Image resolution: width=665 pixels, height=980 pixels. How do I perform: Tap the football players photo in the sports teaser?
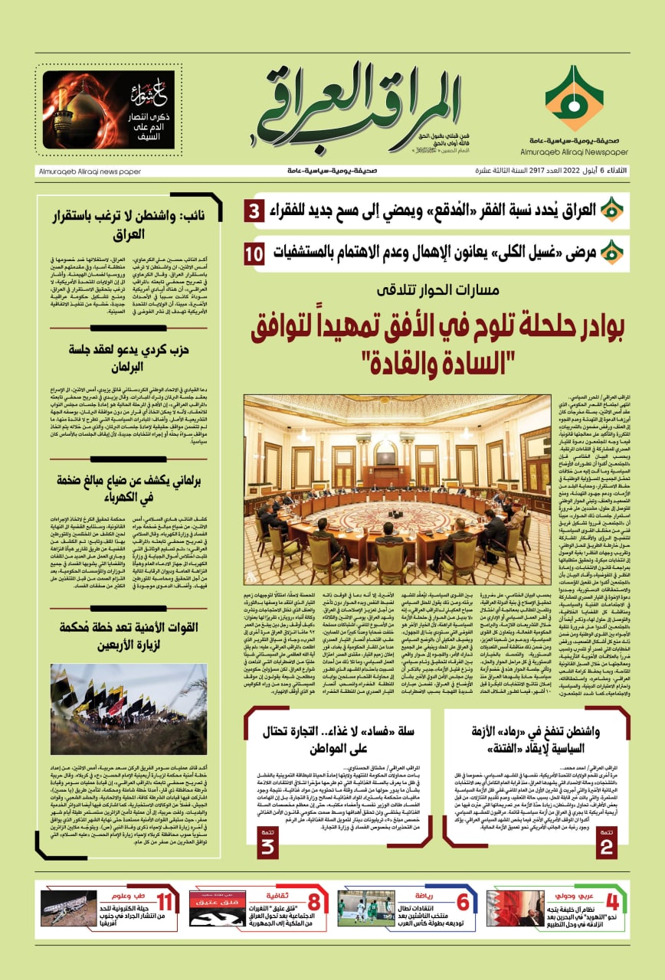point(366,909)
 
